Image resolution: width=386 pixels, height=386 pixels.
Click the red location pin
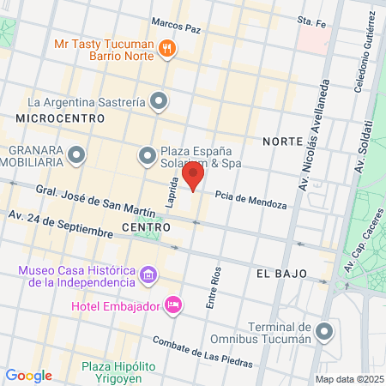(x=194, y=178)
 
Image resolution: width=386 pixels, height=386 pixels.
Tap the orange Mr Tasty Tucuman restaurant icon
(x=168, y=50)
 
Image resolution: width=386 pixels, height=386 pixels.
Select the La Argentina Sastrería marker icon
(x=158, y=102)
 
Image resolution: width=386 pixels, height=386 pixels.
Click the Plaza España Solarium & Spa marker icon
(x=147, y=156)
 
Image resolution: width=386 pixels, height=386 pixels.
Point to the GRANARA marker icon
(x=77, y=156)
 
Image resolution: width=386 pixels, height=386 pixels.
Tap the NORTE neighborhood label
(x=282, y=141)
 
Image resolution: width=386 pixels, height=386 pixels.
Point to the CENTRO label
(x=147, y=227)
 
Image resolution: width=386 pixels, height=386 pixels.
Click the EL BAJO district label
(x=278, y=273)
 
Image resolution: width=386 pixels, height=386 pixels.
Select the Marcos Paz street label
(x=176, y=27)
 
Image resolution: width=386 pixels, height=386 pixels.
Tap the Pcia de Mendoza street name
(x=250, y=199)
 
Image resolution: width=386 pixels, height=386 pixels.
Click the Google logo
(x=28, y=376)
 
